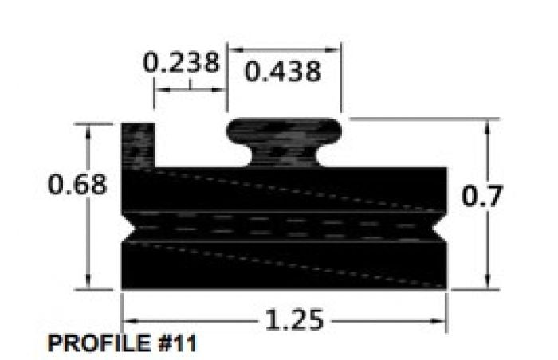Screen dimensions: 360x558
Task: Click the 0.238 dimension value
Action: click(x=181, y=63)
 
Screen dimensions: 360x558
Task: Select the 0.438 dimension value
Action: click(x=283, y=72)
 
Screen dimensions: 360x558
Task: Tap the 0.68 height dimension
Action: click(x=77, y=185)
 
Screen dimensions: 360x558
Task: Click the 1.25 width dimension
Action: click(x=295, y=320)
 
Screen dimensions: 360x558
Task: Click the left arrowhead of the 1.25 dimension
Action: click(x=126, y=320)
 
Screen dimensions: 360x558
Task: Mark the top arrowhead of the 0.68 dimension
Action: click(x=88, y=129)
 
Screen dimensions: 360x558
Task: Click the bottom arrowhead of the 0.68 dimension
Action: click(x=88, y=283)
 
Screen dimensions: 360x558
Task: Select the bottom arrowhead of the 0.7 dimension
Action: click(x=487, y=283)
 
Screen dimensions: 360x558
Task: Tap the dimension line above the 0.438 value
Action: click(x=285, y=49)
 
